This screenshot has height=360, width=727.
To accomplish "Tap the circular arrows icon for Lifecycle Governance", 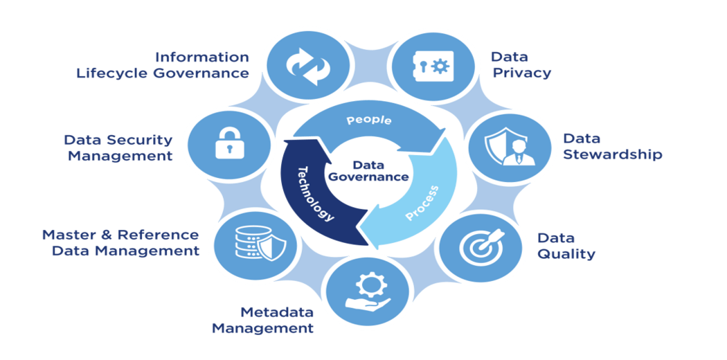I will point(307,66).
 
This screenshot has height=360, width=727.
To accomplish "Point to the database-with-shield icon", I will point(255,242).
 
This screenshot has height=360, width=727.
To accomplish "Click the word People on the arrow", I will point(369,120).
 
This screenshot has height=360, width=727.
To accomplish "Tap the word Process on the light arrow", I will point(422,203).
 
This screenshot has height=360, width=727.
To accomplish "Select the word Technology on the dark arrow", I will point(316,194).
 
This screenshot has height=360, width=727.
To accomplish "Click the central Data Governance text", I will point(368,171).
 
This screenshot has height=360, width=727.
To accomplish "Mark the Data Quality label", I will point(566,246).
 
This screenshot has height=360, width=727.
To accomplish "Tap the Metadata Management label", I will point(263,320).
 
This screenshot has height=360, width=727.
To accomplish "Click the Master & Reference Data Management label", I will point(121,243).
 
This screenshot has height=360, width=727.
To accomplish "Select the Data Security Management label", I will point(119,147).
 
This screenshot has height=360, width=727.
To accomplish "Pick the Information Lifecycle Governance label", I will point(163,65).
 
